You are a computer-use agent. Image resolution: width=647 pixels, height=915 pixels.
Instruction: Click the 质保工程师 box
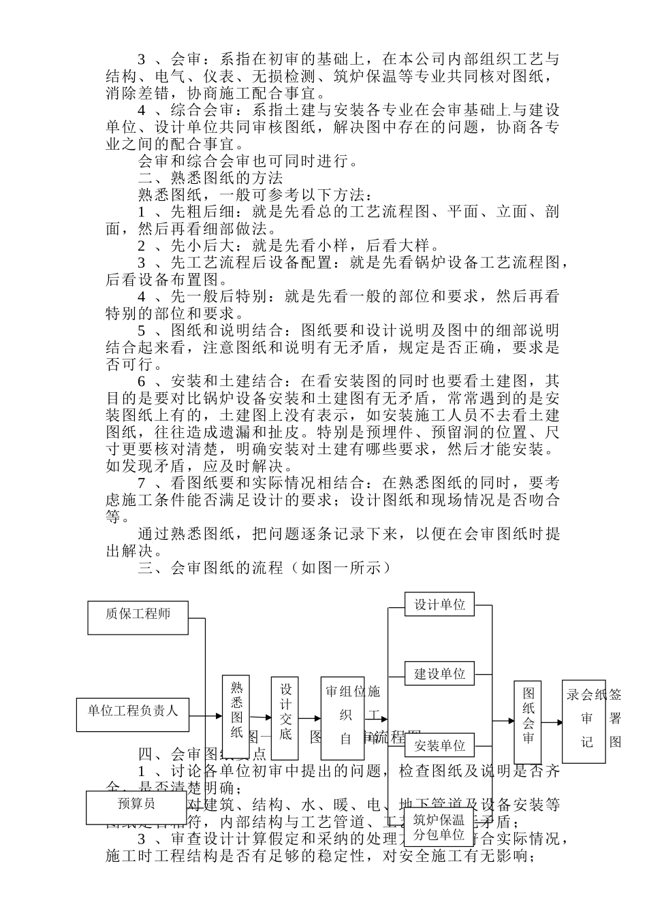click(x=138, y=614)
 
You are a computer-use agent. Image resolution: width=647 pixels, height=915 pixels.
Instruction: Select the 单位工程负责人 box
click(x=132, y=711)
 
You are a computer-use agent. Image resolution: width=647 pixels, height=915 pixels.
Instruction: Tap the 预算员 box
click(x=136, y=804)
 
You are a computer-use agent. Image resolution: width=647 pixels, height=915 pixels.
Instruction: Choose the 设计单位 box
click(x=439, y=605)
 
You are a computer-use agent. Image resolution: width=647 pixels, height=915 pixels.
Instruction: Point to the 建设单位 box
click(x=439, y=674)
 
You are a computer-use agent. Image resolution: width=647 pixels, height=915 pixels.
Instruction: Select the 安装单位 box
click(x=439, y=745)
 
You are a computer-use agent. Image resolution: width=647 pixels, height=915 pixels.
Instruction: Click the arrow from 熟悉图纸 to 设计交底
click(x=261, y=718)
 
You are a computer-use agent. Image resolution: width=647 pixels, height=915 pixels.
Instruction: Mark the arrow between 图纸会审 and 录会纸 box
click(x=552, y=722)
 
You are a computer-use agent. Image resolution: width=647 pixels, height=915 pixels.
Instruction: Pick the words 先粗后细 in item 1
click(x=203, y=212)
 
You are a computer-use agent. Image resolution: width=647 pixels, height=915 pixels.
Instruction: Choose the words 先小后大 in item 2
click(x=203, y=246)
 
